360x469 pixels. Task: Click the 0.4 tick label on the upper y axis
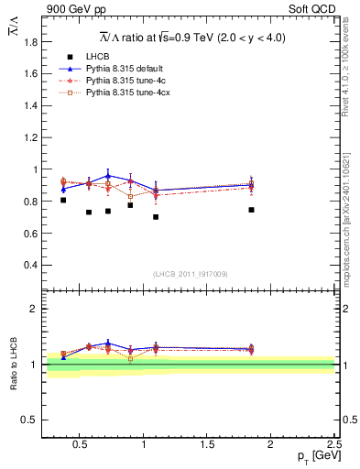30,265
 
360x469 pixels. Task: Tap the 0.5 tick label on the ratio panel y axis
30,420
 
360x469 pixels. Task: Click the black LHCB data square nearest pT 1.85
251,210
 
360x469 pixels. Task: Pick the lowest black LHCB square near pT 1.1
156,217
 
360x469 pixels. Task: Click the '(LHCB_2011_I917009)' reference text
191,274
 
